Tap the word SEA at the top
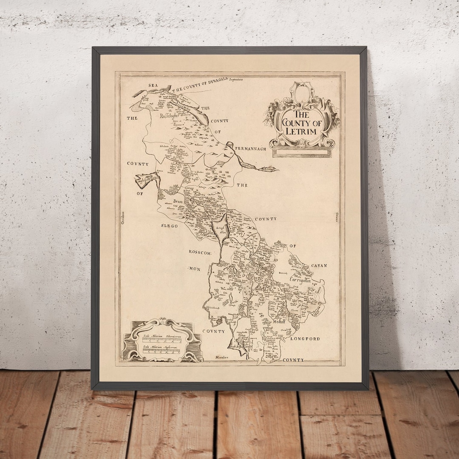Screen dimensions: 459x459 click(153, 85)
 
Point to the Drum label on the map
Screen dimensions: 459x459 click(177, 202)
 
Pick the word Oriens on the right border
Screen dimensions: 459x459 click(336, 217)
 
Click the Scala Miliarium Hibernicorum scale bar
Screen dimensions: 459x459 click(161, 340)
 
